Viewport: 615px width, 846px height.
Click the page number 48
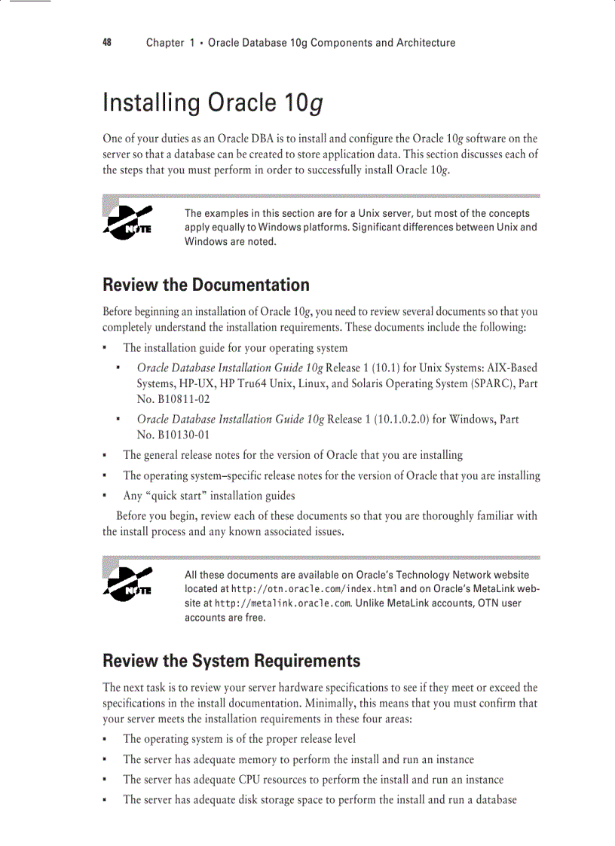point(107,43)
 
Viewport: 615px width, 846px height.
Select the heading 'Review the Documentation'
point(206,285)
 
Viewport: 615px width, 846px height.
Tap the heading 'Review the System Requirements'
point(231,661)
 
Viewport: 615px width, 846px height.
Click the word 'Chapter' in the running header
point(165,43)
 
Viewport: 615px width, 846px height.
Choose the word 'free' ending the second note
point(255,618)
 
